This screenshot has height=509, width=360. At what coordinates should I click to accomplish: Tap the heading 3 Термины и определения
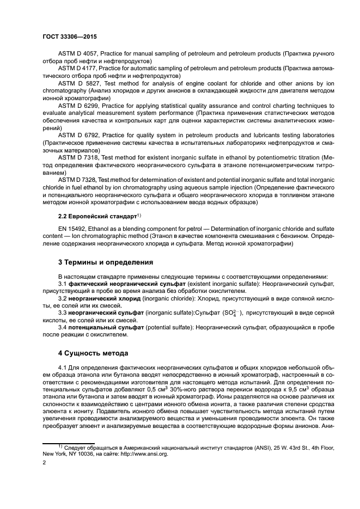click(106, 262)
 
